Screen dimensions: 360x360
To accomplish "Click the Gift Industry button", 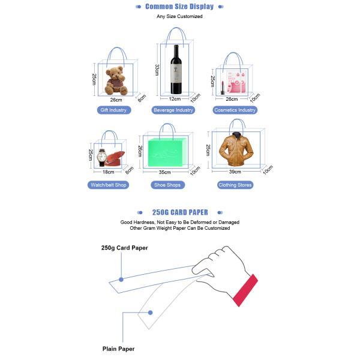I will [x=113, y=110].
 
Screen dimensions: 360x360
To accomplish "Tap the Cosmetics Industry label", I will [x=235, y=110].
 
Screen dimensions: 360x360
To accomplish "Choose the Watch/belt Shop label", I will [x=109, y=185].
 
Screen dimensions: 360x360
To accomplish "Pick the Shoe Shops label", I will [x=167, y=185].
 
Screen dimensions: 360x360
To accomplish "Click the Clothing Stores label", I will [x=235, y=185].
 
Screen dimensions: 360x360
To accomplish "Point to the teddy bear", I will [x=116, y=80].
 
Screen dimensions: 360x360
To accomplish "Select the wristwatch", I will [x=103, y=157].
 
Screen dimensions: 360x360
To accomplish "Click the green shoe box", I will [x=167, y=152].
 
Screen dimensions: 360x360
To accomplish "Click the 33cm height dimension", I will [x=157, y=70].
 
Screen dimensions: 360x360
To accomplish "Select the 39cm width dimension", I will [x=235, y=172].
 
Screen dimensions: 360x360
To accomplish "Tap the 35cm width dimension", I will [x=165, y=172].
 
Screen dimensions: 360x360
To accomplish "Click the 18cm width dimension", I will [x=109, y=172].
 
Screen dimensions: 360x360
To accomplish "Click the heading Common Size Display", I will [x=179, y=7].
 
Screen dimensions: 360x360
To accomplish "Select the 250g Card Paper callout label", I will [x=124, y=248].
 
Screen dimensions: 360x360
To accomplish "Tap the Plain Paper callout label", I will [x=118, y=349].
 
